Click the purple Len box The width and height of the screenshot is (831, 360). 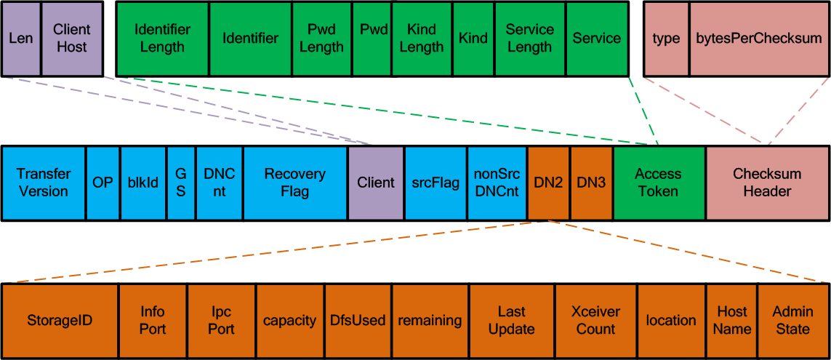21,38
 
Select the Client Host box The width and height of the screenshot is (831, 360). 72,38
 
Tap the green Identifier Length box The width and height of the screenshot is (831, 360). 163,38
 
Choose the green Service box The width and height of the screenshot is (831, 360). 598,38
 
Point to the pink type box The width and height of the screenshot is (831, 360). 666,38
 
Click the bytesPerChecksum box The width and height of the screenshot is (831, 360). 760,38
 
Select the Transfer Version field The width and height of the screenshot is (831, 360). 44,183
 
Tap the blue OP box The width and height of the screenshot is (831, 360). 103,183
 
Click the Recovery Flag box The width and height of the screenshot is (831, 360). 295,183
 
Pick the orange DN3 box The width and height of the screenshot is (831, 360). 592,183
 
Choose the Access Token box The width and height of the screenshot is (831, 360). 659,183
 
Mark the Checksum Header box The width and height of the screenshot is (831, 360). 768,183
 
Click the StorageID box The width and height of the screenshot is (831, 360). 60,321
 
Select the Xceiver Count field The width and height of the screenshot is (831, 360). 596,321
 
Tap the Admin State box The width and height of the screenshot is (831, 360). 793,321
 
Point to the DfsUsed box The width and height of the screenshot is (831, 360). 358,321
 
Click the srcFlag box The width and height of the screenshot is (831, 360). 435,183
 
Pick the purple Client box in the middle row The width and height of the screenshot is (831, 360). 376,183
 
